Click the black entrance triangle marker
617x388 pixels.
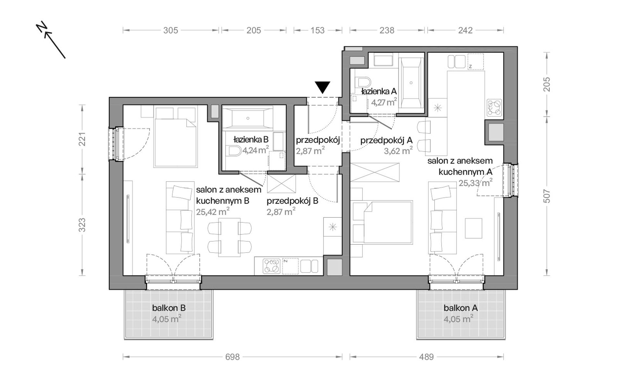click(322, 87)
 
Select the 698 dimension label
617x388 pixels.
click(233, 357)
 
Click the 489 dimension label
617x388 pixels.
click(426, 357)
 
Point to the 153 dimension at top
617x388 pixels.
click(317, 30)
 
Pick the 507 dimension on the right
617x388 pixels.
click(547, 196)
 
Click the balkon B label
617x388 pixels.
click(169, 308)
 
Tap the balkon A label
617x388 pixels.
click(460, 308)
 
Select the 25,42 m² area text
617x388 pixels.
click(213, 212)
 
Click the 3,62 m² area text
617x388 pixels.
click(398, 151)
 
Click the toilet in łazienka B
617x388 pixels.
click(236, 151)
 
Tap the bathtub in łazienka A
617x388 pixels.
click(411, 83)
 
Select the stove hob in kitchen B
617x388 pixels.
click(271, 266)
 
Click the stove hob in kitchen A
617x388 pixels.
click(494, 108)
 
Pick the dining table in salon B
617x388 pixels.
click(229, 237)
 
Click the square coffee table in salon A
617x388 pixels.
click(473, 228)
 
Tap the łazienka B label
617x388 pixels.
click(251, 140)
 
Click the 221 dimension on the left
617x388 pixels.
click(82, 139)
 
